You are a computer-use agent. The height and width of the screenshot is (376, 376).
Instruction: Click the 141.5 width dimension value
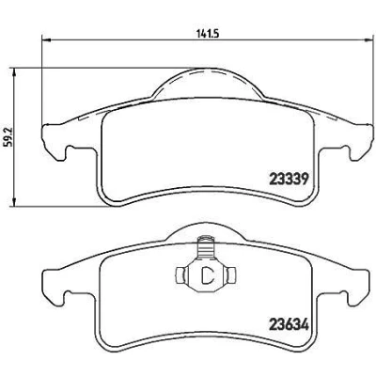(x=207, y=34)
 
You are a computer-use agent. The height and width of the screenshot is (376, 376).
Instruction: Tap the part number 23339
(x=290, y=180)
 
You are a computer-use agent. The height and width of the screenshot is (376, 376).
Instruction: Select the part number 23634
(x=289, y=324)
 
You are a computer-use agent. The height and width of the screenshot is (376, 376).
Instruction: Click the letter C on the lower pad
(x=208, y=274)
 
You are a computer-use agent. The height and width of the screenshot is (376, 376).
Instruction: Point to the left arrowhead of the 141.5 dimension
(x=46, y=39)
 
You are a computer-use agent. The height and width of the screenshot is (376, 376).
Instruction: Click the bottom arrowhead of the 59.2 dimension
(x=13, y=202)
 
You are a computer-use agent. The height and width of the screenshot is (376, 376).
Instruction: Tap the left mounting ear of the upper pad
(x=53, y=141)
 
